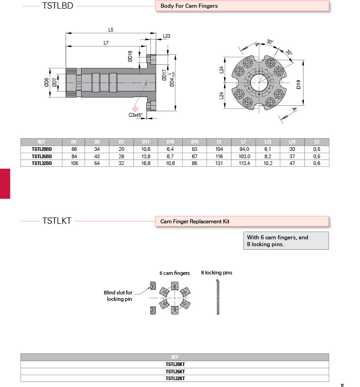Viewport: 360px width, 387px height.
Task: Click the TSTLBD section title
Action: [x=57, y=6]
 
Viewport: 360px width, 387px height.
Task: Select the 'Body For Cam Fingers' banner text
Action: [x=189, y=6]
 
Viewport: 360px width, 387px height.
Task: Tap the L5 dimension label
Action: [x=111, y=30]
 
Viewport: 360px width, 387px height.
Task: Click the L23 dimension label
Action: [x=166, y=36]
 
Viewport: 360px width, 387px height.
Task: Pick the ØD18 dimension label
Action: [x=130, y=57]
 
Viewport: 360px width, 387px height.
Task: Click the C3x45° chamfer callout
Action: [x=136, y=115]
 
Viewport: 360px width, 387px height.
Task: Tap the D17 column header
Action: [x=146, y=142]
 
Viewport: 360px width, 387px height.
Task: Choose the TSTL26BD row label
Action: [x=42, y=156]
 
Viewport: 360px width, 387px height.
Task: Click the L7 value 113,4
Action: [x=244, y=163]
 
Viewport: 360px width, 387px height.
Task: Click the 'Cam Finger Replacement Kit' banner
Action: [x=195, y=222]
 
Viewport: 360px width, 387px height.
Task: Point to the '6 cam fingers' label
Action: [x=175, y=273]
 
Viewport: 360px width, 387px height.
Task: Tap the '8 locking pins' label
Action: [x=216, y=273]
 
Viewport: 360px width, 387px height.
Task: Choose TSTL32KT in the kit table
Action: [x=175, y=378]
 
